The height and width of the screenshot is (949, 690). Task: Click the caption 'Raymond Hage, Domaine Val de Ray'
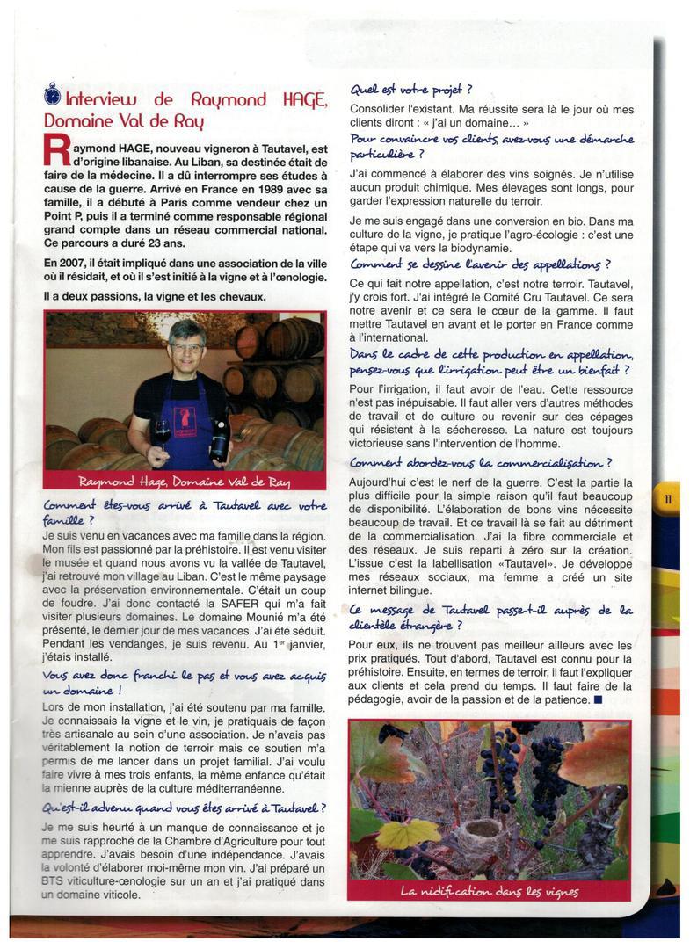(185, 482)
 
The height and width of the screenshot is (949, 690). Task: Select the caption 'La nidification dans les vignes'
(489, 892)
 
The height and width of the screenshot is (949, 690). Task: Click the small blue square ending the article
(598, 699)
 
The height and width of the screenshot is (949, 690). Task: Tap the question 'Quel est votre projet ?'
(411, 90)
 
